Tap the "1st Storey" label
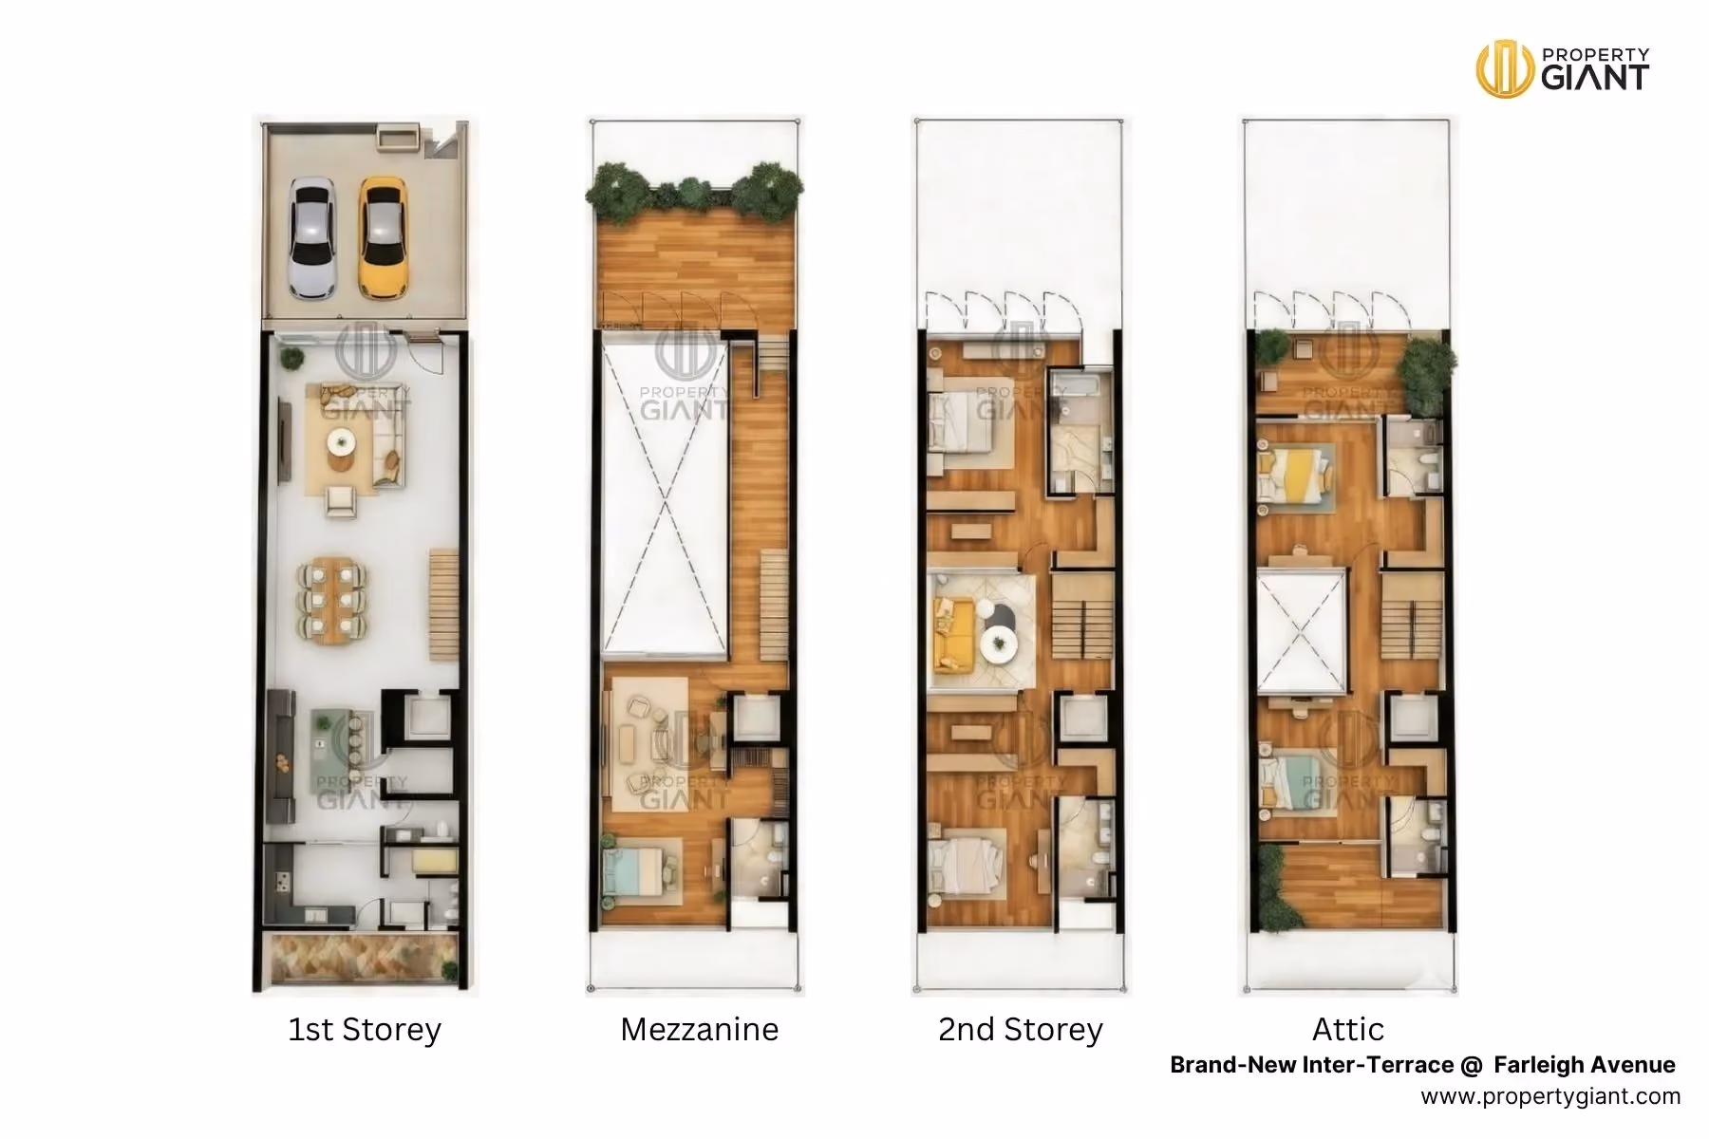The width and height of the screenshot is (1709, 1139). tap(365, 1029)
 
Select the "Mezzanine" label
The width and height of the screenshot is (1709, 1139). tap(700, 1029)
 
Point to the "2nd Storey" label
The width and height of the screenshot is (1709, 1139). tap(1021, 1029)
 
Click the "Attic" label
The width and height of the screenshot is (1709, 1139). tap(1348, 1029)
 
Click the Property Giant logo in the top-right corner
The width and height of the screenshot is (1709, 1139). tap(1563, 68)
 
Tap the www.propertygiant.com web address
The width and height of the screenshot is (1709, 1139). tap(1550, 1096)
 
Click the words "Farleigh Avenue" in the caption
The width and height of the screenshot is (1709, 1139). tap(1585, 1065)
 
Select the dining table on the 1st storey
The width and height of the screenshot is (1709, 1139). tap(332, 599)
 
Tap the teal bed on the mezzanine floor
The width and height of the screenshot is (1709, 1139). tap(634, 870)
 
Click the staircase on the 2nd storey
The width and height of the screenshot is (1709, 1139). tap(1082, 616)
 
